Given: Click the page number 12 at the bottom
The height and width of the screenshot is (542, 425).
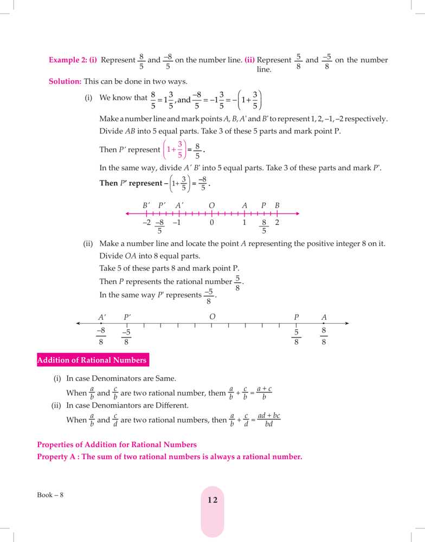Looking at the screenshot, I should (x=212, y=500).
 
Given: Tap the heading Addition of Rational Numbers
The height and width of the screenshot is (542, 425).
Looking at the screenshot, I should (x=92, y=360).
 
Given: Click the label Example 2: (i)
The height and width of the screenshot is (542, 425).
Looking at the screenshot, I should (x=73, y=60).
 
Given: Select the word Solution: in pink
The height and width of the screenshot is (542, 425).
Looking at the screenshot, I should (x=65, y=81).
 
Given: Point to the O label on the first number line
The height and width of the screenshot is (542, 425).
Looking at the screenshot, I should (x=212, y=205).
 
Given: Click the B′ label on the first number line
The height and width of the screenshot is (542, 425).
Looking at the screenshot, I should (x=146, y=205).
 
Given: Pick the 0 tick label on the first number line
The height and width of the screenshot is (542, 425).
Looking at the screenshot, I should (x=212, y=222).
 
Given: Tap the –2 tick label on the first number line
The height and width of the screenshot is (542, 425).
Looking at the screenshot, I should (x=146, y=222).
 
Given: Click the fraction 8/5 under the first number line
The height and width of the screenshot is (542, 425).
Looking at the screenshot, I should (x=264, y=227).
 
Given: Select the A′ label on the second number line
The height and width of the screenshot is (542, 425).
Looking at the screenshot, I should (x=102, y=317).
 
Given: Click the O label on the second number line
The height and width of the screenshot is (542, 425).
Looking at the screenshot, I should (x=212, y=317).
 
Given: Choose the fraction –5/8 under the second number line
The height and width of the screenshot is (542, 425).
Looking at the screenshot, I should (x=126, y=337).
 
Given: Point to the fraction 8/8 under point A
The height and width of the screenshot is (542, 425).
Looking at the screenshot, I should (x=324, y=336).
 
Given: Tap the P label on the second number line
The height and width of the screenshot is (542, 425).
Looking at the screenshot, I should (x=297, y=317).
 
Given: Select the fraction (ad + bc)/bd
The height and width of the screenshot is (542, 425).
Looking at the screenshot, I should (x=269, y=420).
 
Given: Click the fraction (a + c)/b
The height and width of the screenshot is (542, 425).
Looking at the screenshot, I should (x=264, y=393).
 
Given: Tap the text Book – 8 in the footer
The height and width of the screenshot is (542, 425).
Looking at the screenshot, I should (x=50, y=495).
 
